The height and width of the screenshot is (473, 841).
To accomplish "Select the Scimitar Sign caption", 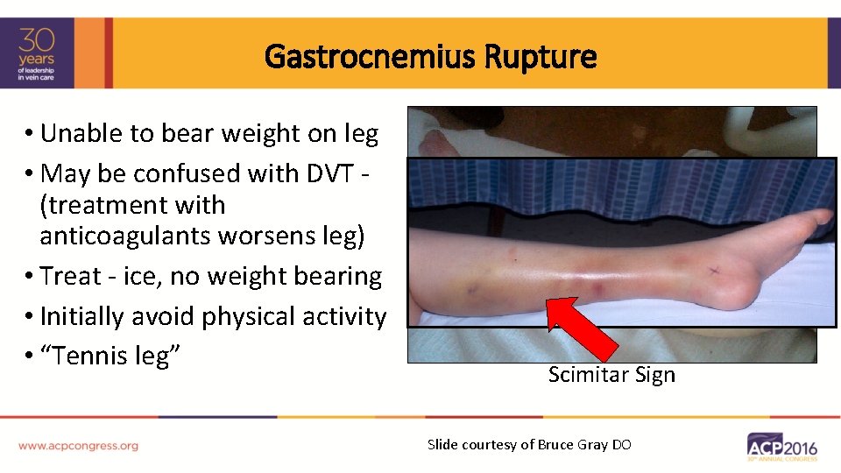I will pos(611,375).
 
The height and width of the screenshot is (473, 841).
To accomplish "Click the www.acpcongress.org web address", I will pos(78,445).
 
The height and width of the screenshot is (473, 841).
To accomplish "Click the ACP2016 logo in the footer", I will pos(781,447).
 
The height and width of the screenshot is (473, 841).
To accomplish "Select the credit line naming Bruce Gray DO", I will pos(528,444).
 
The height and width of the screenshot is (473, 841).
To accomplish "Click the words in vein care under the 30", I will pos(39,78).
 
